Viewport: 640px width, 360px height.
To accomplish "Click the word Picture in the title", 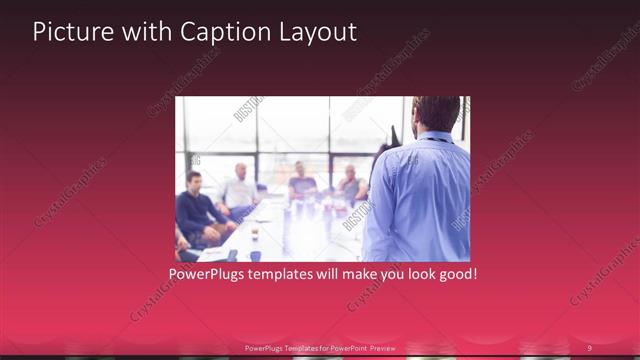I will [x=72, y=32].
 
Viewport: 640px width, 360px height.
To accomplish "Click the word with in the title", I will [x=146, y=32].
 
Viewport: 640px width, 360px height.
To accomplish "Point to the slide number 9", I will [x=589, y=348].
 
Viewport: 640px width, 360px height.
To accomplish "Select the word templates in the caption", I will [x=290, y=273].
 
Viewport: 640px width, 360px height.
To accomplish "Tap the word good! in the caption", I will [x=456, y=273].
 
